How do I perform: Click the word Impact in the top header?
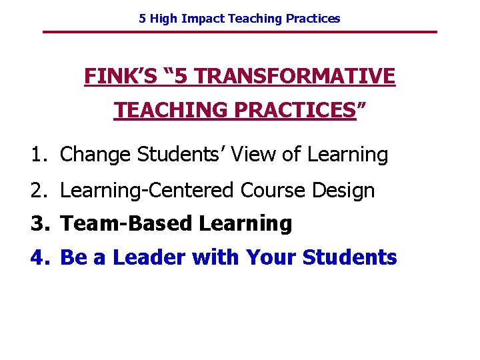pyautogui.click(x=205, y=19)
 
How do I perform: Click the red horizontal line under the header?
pyautogui.click(x=240, y=32)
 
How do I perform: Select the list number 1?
pyautogui.click(x=37, y=155)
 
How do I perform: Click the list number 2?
pyautogui.click(x=37, y=191)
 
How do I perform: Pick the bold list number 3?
pyautogui.click(x=38, y=224)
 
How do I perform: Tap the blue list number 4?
pyautogui.click(x=38, y=257)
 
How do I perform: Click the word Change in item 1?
pyautogui.click(x=96, y=155)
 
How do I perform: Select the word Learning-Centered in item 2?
pyautogui.click(x=147, y=191)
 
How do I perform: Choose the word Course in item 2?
pyautogui.click(x=269, y=191)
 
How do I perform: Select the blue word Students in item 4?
pyautogui.click(x=349, y=257)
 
